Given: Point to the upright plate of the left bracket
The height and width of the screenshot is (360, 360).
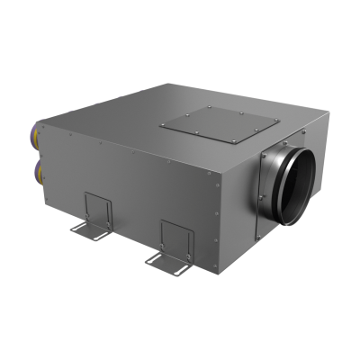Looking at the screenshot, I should click(x=98, y=208).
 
